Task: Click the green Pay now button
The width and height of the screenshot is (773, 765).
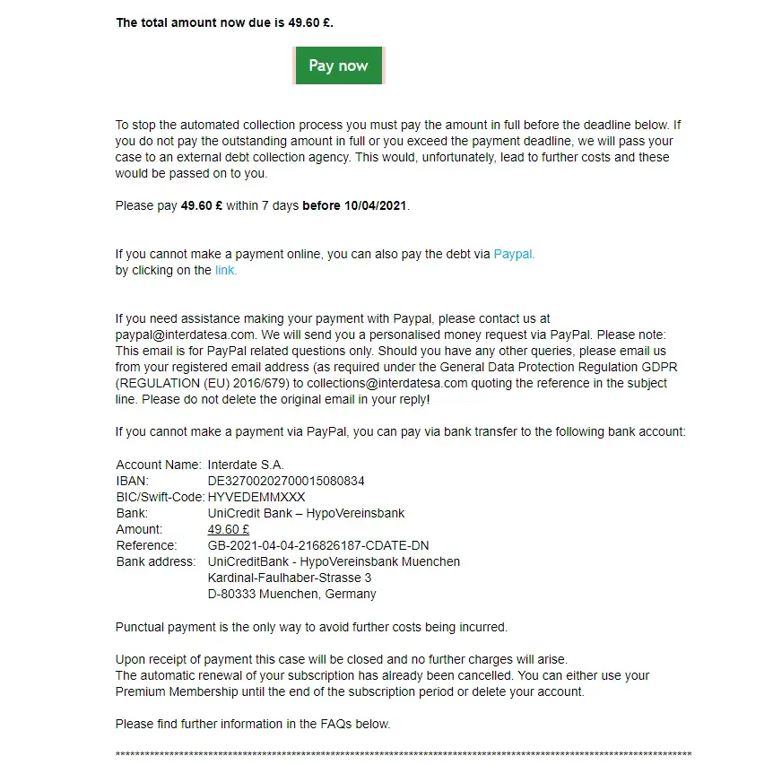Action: coord(338,65)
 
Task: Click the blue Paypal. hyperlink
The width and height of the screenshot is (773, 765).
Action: coord(514,254)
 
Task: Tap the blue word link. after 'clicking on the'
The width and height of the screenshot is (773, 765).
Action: coord(226,270)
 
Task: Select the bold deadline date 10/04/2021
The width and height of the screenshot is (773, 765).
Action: coord(376,205)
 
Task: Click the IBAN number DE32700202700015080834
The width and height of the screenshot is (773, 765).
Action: coord(286,481)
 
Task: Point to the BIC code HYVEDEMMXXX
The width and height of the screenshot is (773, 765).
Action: coord(256,497)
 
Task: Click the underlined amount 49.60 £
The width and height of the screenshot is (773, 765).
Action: coord(228,529)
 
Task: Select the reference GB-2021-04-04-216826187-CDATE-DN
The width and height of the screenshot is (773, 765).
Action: coord(318,545)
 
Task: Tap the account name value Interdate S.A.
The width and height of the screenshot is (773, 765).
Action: coord(246,465)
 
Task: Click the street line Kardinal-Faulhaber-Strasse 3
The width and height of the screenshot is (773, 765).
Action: coord(289,578)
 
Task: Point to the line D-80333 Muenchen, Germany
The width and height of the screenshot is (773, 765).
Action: coord(291,594)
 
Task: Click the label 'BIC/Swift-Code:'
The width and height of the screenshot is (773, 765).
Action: coord(161,497)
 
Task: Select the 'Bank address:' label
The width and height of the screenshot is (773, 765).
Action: coord(155,561)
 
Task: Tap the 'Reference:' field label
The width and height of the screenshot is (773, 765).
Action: coord(146,545)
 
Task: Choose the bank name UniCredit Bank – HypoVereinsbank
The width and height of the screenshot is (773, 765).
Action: coord(306,513)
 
